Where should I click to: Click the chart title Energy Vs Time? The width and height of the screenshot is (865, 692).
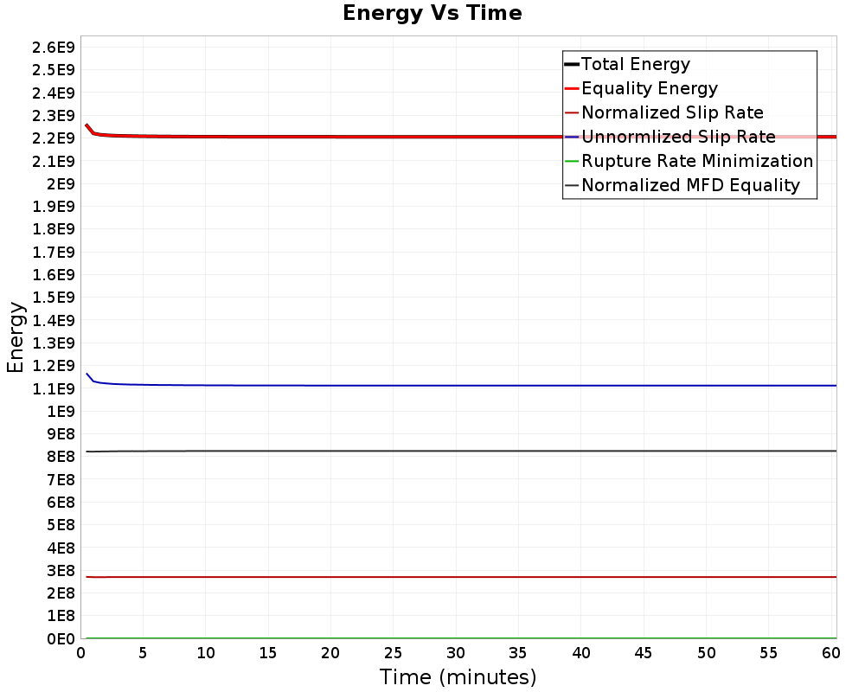[x=432, y=13]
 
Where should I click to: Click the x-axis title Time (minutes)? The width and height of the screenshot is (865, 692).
[x=458, y=676]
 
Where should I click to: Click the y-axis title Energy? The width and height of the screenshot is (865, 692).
[x=15, y=336]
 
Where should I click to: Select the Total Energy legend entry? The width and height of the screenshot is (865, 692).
[x=636, y=64]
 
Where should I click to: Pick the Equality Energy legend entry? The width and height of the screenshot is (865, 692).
[x=650, y=88]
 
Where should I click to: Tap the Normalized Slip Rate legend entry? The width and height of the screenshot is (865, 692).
[x=672, y=112]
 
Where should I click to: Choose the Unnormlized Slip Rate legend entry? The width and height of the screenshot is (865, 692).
[x=678, y=137]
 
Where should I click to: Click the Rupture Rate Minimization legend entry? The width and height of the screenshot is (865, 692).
[x=697, y=161]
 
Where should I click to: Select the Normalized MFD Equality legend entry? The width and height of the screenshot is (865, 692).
[x=690, y=185]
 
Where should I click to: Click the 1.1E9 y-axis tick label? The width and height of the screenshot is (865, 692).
[x=52, y=388]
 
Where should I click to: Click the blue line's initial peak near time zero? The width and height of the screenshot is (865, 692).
[x=86, y=374]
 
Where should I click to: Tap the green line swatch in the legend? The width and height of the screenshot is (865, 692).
[x=571, y=161]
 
